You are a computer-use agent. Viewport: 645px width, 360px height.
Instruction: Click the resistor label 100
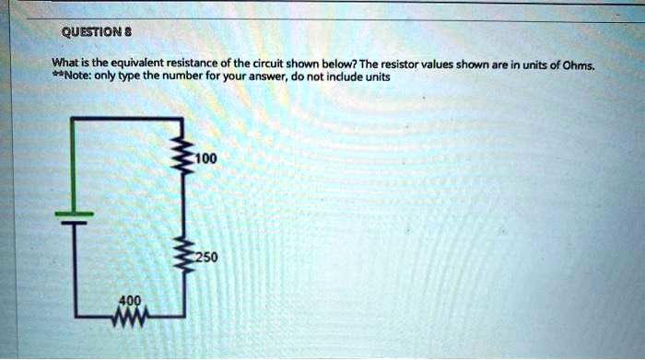(x=205, y=159)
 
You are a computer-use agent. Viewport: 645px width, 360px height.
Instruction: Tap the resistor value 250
(x=205, y=257)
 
